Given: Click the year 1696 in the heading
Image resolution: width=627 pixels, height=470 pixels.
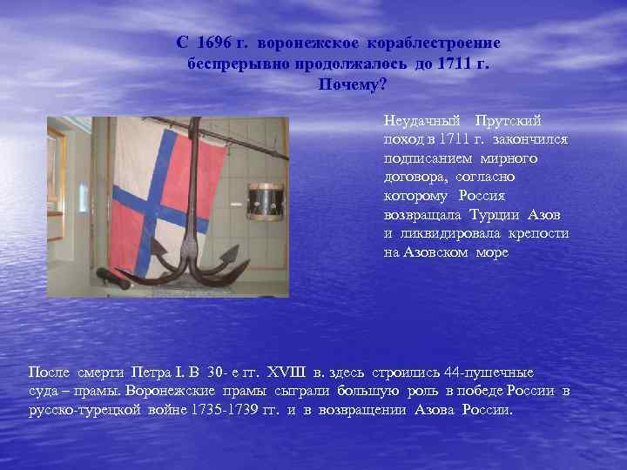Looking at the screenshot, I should coord(212,43).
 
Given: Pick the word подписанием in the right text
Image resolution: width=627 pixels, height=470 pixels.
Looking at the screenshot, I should coord(428,158).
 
